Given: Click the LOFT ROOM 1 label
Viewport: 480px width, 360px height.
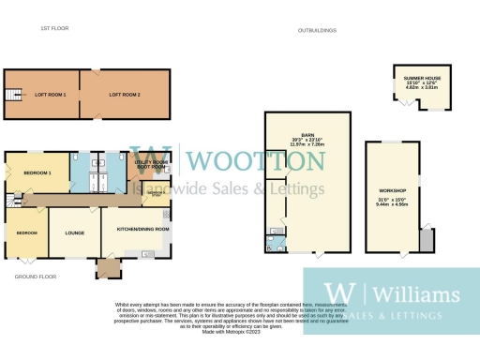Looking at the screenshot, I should tap(52, 95).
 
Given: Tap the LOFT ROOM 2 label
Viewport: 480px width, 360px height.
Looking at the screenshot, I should tap(124, 95).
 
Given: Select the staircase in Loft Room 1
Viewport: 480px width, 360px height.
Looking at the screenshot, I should tap(14, 96).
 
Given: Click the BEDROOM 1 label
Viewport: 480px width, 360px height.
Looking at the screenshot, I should tap(37, 172).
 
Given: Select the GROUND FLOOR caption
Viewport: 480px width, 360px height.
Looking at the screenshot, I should tap(36, 277).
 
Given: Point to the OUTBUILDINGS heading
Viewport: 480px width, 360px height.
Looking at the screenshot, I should tap(317, 30).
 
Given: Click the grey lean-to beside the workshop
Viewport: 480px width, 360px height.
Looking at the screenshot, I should tap(427, 241).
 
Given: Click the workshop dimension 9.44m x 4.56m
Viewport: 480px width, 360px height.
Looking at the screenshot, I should tap(390, 204).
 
